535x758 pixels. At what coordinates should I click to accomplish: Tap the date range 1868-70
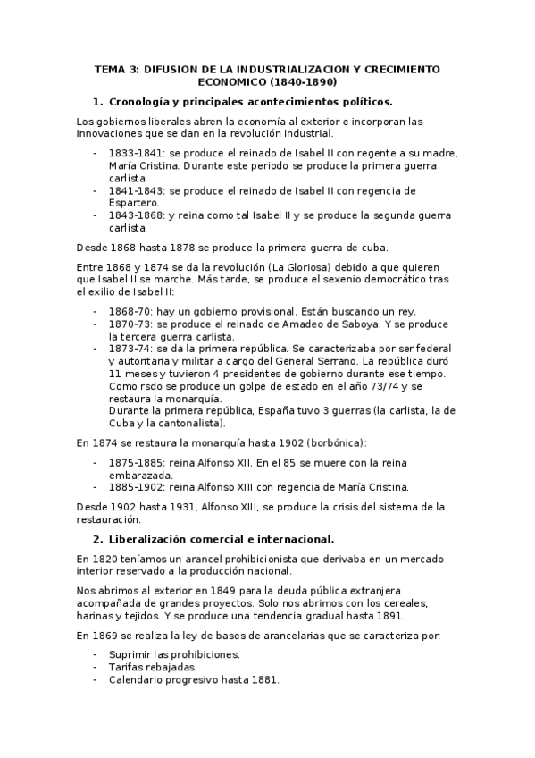129,311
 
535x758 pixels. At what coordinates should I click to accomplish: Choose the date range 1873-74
129,349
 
